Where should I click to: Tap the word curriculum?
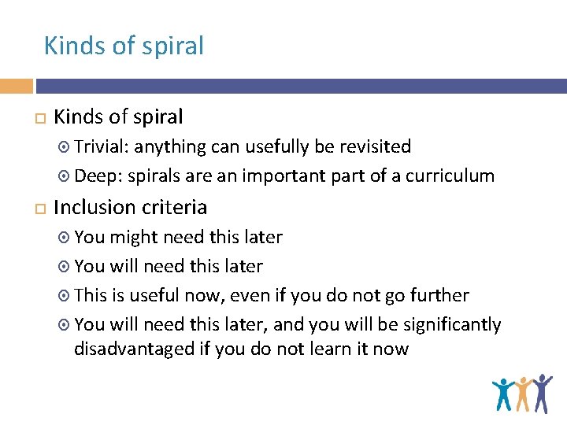coord(450,176)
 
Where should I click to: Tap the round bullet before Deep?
coord(65,176)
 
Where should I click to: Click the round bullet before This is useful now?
coord(65,296)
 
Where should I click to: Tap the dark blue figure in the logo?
coord(542,393)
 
